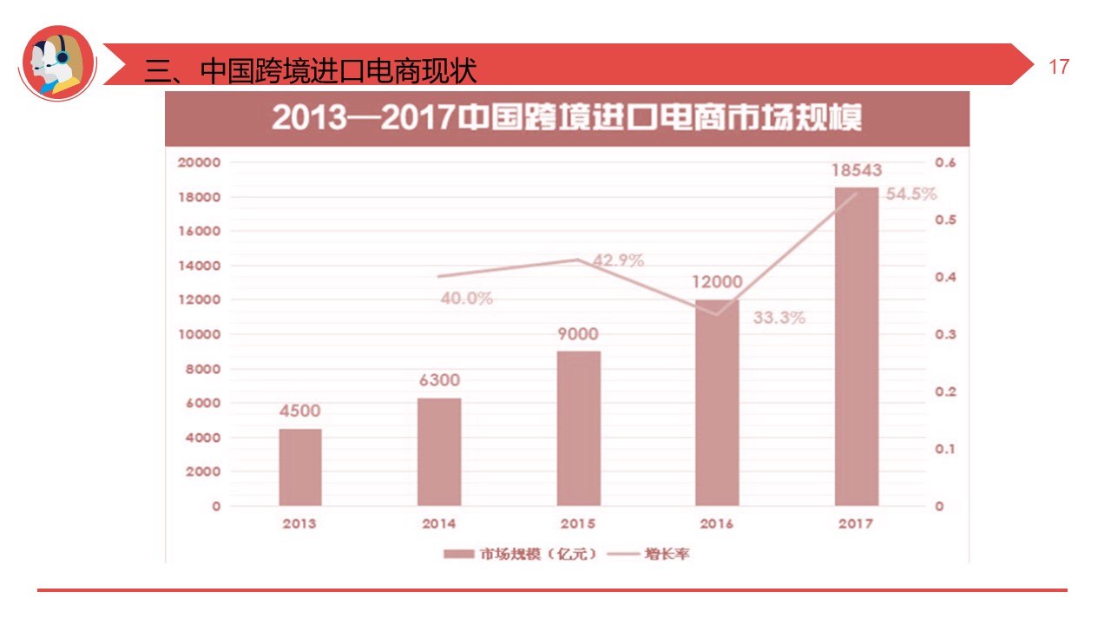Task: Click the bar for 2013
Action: click(300, 467)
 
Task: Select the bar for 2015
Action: click(578, 428)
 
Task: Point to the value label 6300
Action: click(439, 380)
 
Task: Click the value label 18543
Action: click(856, 170)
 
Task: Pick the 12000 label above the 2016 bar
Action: click(717, 281)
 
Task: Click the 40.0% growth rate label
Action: click(466, 299)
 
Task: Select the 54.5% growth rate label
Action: click(910, 194)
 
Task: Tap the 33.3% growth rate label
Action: click(779, 318)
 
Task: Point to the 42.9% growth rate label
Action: click(618, 260)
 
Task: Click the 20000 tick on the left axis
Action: click(200, 162)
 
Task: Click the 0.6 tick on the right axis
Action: click(945, 162)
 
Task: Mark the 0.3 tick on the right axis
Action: click(945, 334)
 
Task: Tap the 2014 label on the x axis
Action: click(439, 523)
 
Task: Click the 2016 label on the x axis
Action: click(717, 523)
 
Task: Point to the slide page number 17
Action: click(1059, 67)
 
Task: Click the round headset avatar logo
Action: click(57, 63)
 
